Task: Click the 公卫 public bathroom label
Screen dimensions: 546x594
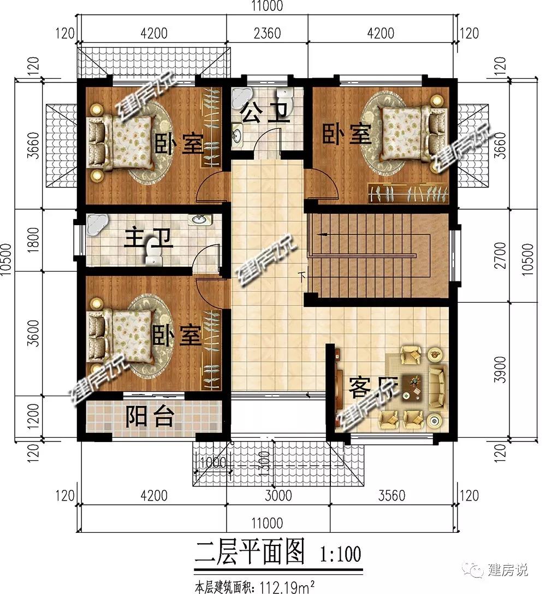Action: tap(265, 113)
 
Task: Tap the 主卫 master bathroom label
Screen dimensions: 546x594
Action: tap(149, 239)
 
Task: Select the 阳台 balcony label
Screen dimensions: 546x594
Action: tap(150, 416)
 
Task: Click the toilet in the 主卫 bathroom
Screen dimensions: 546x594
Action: tap(153, 251)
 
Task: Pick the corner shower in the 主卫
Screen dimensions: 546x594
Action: tap(97, 224)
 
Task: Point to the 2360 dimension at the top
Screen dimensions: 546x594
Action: tap(267, 33)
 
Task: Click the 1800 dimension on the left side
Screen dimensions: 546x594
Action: tap(33, 239)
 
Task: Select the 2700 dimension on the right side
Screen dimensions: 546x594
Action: tap(500, 256)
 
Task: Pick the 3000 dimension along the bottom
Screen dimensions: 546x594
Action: tap(278, 496)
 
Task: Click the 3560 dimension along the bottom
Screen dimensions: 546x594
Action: tap(391, 496)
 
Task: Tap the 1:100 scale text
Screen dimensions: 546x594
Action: tap(341, 554)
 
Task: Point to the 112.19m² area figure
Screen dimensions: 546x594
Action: tap(287, 587)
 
